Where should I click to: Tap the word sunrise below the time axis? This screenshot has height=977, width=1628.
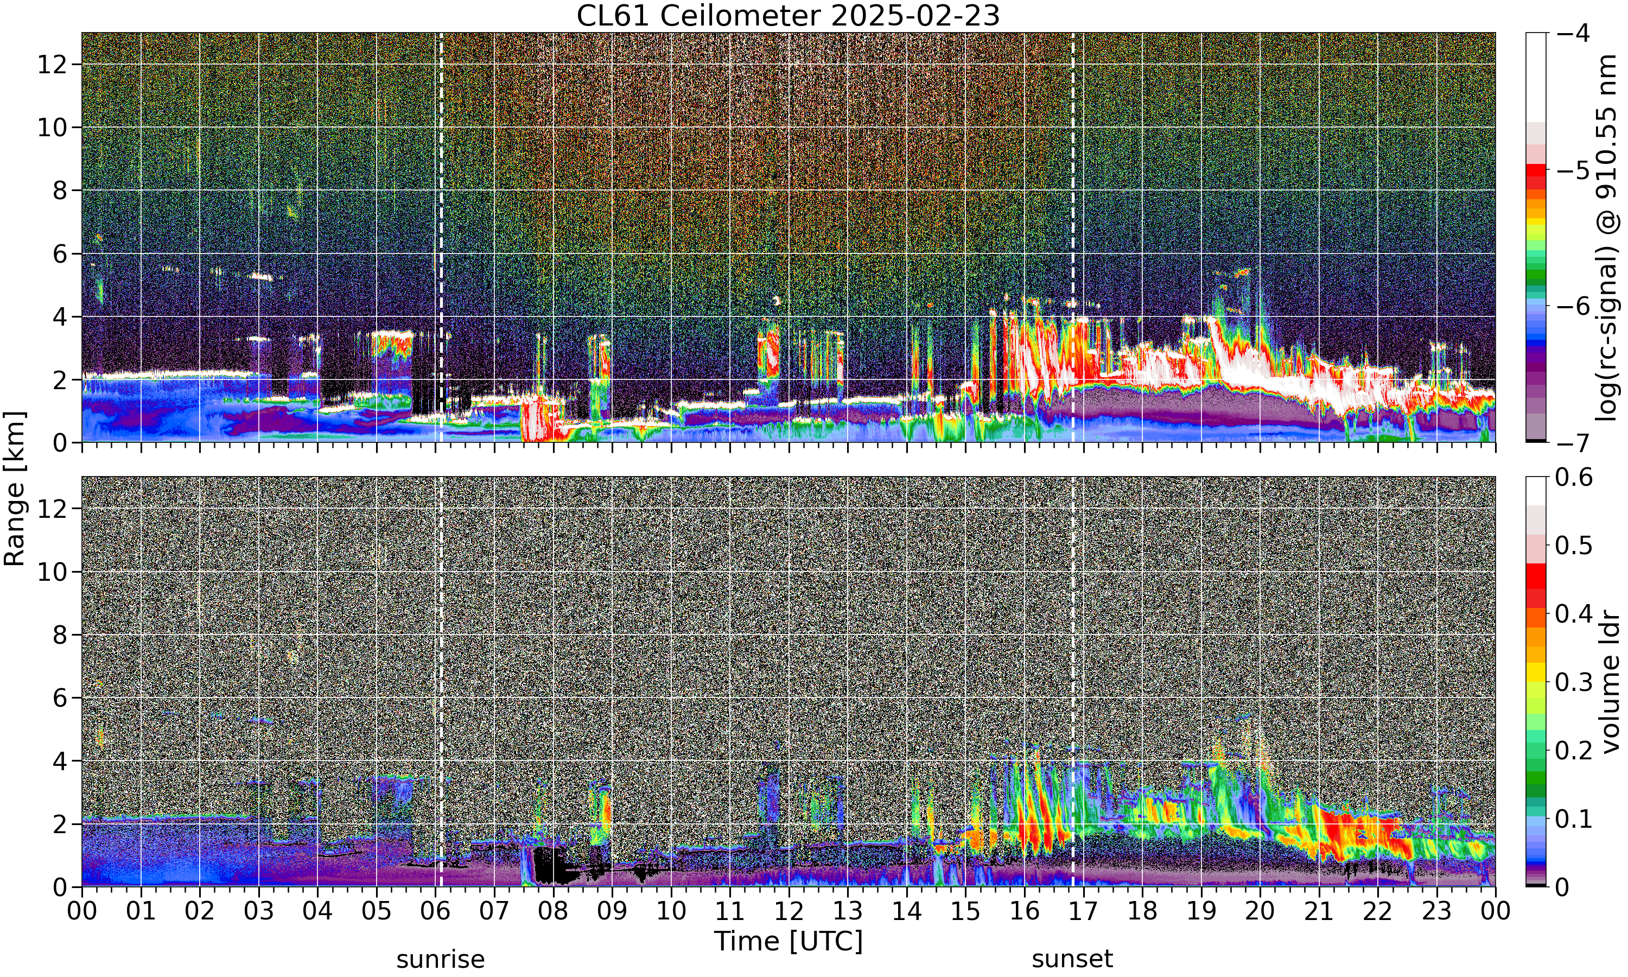[440, 959]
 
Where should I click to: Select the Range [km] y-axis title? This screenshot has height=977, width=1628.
[15, 488]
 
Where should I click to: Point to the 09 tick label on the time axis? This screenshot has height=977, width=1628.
[612, 911]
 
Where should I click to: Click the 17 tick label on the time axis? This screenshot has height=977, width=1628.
[1083, 911]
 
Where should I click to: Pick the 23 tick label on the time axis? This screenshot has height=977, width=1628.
[1436, 911]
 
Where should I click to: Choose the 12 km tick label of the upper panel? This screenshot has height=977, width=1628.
[52, 65]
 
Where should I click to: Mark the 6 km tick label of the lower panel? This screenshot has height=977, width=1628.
[61, 698]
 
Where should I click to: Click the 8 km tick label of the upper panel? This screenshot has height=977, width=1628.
[61, 191]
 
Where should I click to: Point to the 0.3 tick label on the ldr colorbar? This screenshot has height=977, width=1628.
[1574, 682]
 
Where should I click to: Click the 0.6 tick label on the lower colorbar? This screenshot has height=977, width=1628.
[1574, 477]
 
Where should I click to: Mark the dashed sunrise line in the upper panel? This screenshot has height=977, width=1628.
[441, 237]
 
